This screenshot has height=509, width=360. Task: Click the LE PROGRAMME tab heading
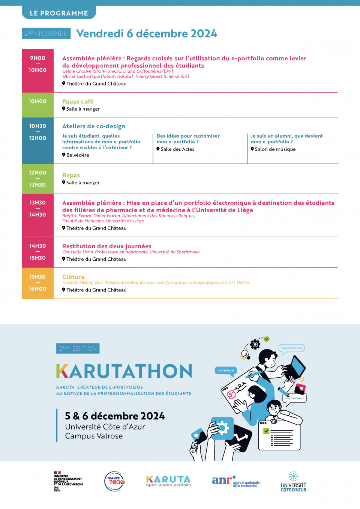pos(59,13)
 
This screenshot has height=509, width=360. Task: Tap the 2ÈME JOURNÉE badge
pos(46,33)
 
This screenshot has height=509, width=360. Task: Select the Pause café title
pos(78,102)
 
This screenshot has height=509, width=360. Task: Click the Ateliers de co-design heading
pos(94,126)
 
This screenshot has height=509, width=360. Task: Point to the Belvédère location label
pos(78,155)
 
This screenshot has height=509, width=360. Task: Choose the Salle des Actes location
pos(177,149)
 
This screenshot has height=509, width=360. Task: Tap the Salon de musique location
pos(275,149)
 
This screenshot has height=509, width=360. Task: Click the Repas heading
pos(71,176)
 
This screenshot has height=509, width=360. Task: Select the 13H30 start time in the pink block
pos(37,203)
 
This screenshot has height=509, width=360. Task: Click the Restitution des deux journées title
pos(107,246)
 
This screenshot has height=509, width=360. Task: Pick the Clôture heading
pos(73,277)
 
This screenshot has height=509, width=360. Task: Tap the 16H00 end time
pos(37,289)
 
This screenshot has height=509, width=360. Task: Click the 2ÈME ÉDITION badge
pos(78,348)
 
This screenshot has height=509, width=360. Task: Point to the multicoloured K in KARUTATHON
pos(62,371)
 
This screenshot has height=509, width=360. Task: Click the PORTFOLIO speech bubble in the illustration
pos(226,371)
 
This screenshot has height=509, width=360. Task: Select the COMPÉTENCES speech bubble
pos(291,348)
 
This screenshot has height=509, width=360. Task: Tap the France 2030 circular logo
pos(115,481)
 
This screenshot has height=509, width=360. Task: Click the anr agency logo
pos(235,481)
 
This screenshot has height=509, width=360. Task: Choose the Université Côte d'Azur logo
pos(294,482)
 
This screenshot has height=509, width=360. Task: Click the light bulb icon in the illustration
pos(246,354)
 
